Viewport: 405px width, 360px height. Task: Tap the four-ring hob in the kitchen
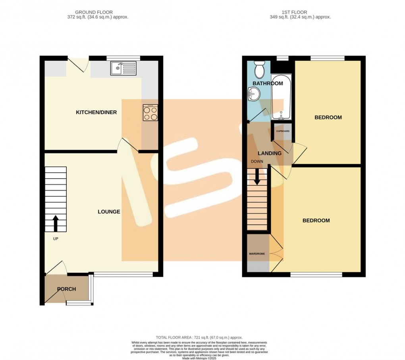150,113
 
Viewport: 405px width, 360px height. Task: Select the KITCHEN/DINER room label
96,112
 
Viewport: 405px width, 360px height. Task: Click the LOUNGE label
109,212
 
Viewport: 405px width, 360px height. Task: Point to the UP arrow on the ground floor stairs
55,223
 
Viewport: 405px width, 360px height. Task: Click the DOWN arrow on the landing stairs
257,177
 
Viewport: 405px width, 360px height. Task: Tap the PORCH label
66,289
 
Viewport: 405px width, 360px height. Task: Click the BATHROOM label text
268,83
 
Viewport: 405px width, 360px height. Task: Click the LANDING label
270,153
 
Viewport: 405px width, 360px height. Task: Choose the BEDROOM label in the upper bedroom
328,117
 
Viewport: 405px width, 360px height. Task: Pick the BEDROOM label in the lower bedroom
316,221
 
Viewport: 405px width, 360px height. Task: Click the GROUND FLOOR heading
97,12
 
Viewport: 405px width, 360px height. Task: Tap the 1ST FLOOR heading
300,12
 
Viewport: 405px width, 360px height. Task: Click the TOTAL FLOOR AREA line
199,336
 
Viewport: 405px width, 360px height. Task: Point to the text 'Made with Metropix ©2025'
199,358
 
